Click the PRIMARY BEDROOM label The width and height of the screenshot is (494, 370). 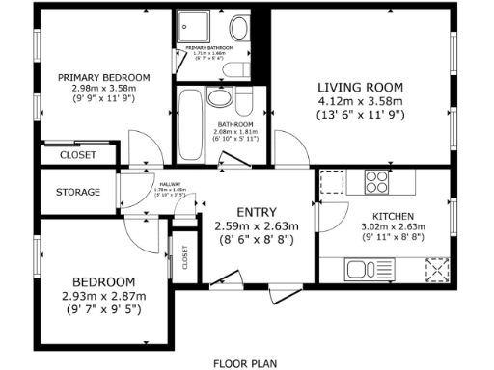tap(103, 78)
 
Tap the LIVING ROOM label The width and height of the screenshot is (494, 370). tap(360, 86)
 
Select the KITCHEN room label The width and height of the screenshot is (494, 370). tap(394, 217)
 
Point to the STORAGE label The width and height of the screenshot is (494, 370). tap(77, 192)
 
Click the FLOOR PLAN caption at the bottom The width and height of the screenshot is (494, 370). tap(245, 363)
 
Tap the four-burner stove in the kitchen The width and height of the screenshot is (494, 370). tap(376, 180)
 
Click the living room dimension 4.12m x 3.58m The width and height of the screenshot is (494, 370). tap(360, 100)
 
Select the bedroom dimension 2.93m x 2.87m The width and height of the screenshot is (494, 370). tap(102, 296)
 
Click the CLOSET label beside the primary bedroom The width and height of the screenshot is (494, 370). tap(77, 154)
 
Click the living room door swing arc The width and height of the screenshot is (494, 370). tap(286, 145)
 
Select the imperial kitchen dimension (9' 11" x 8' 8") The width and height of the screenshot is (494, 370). tap(394, 237)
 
